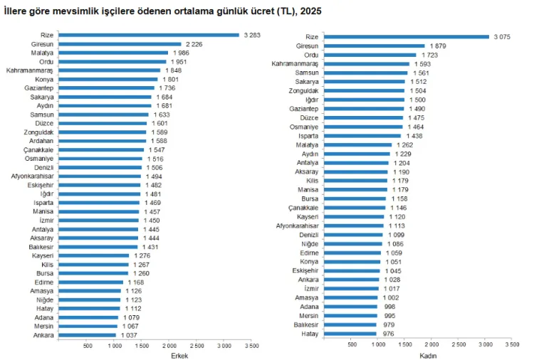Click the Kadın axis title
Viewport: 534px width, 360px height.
click(x=427, y=355)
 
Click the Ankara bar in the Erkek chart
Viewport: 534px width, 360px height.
click(x=87, y=334)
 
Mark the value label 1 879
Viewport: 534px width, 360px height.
click(x=438, y=46)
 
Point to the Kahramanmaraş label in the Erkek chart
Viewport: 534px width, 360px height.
click(x=30, y=70)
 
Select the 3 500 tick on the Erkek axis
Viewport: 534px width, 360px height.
click(x=251, y=346)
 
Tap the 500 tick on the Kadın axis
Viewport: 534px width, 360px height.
click(x=352, y=344)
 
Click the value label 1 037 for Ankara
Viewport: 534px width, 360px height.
click(x=129, y=334)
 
